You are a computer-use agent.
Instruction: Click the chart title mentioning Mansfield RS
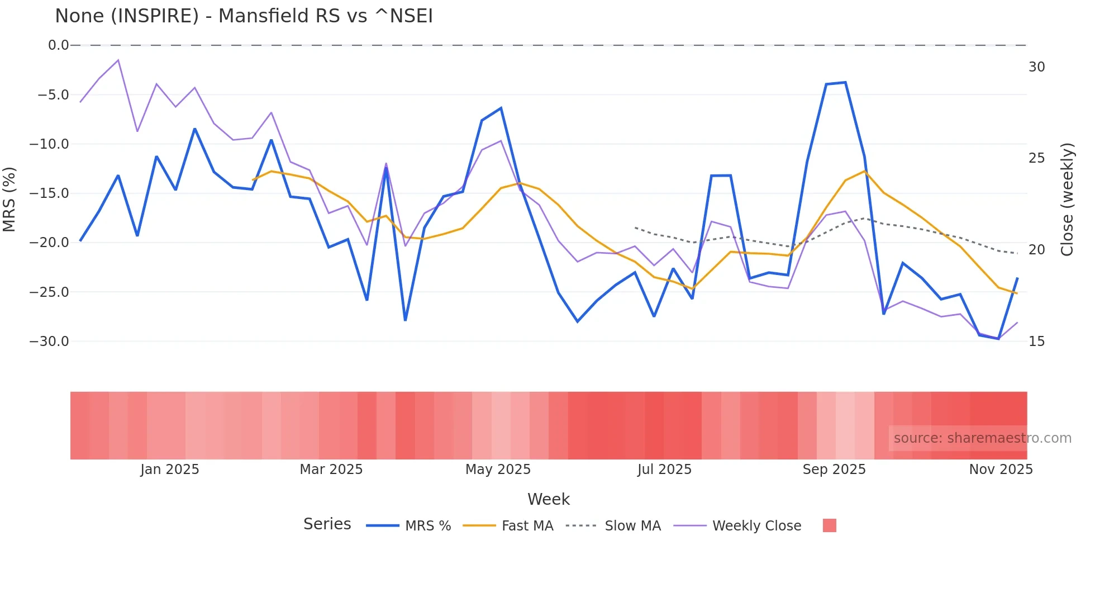click(x=244, y=16)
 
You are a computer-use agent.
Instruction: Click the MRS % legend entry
click(x=427, y=526)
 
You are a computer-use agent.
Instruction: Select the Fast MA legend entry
click(x=527, y=526)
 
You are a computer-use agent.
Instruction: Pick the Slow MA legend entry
click(x=632, y=526)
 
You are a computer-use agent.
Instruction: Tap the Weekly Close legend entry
click(x=756, y=526)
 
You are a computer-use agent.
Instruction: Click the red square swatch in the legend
click(x=829, y=525)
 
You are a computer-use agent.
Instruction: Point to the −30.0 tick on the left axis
click(x=49, y=342)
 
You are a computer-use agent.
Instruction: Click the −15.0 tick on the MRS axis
click(x=49, y=193)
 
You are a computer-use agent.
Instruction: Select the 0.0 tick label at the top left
click(x=58, y=45)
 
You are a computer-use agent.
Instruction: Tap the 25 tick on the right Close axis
click(x=1036, y=158)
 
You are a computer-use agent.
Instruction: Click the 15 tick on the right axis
click(x=1036, y=342)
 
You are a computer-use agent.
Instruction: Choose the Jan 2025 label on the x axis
click(x=169, y=470)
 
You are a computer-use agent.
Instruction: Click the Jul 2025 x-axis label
click(x=664, y=470)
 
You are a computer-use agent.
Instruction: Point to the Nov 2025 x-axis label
click(x=1001, y=470)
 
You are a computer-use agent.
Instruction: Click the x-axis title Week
click(x=548, y=499)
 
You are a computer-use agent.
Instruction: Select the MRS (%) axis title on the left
click(x=9, y=199)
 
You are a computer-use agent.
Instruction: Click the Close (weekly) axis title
click(x=1067, y=199)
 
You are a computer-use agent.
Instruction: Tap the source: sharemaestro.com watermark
click(x=982, y=438)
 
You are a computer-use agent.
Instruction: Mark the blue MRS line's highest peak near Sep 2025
click(x=845, y=83)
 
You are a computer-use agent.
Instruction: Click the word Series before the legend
click(x=327, y=524)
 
